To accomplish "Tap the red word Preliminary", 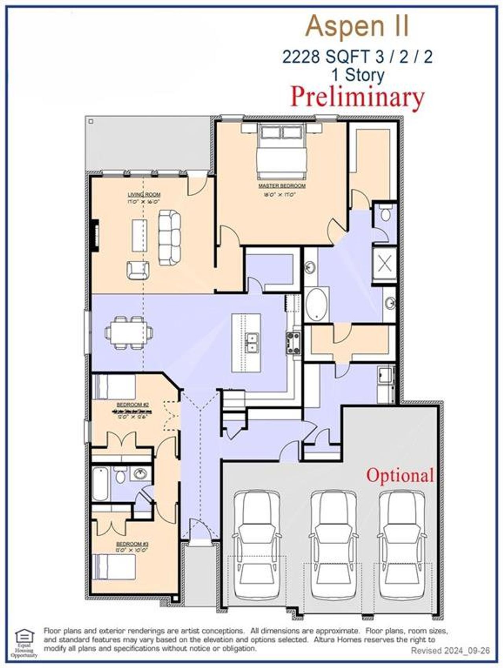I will coord(357,97).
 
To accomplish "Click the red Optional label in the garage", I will coord(400,476).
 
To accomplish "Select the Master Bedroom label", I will coord(282,186).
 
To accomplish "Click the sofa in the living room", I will coord(169,237).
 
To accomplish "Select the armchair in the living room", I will coord(138,270).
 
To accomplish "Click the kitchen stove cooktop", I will coord(294,342).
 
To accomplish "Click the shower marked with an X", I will coord(384,263).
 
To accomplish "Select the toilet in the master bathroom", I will coord(385,214).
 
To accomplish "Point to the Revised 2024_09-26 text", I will coord(450,651).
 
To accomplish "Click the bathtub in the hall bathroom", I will coord(101,483).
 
